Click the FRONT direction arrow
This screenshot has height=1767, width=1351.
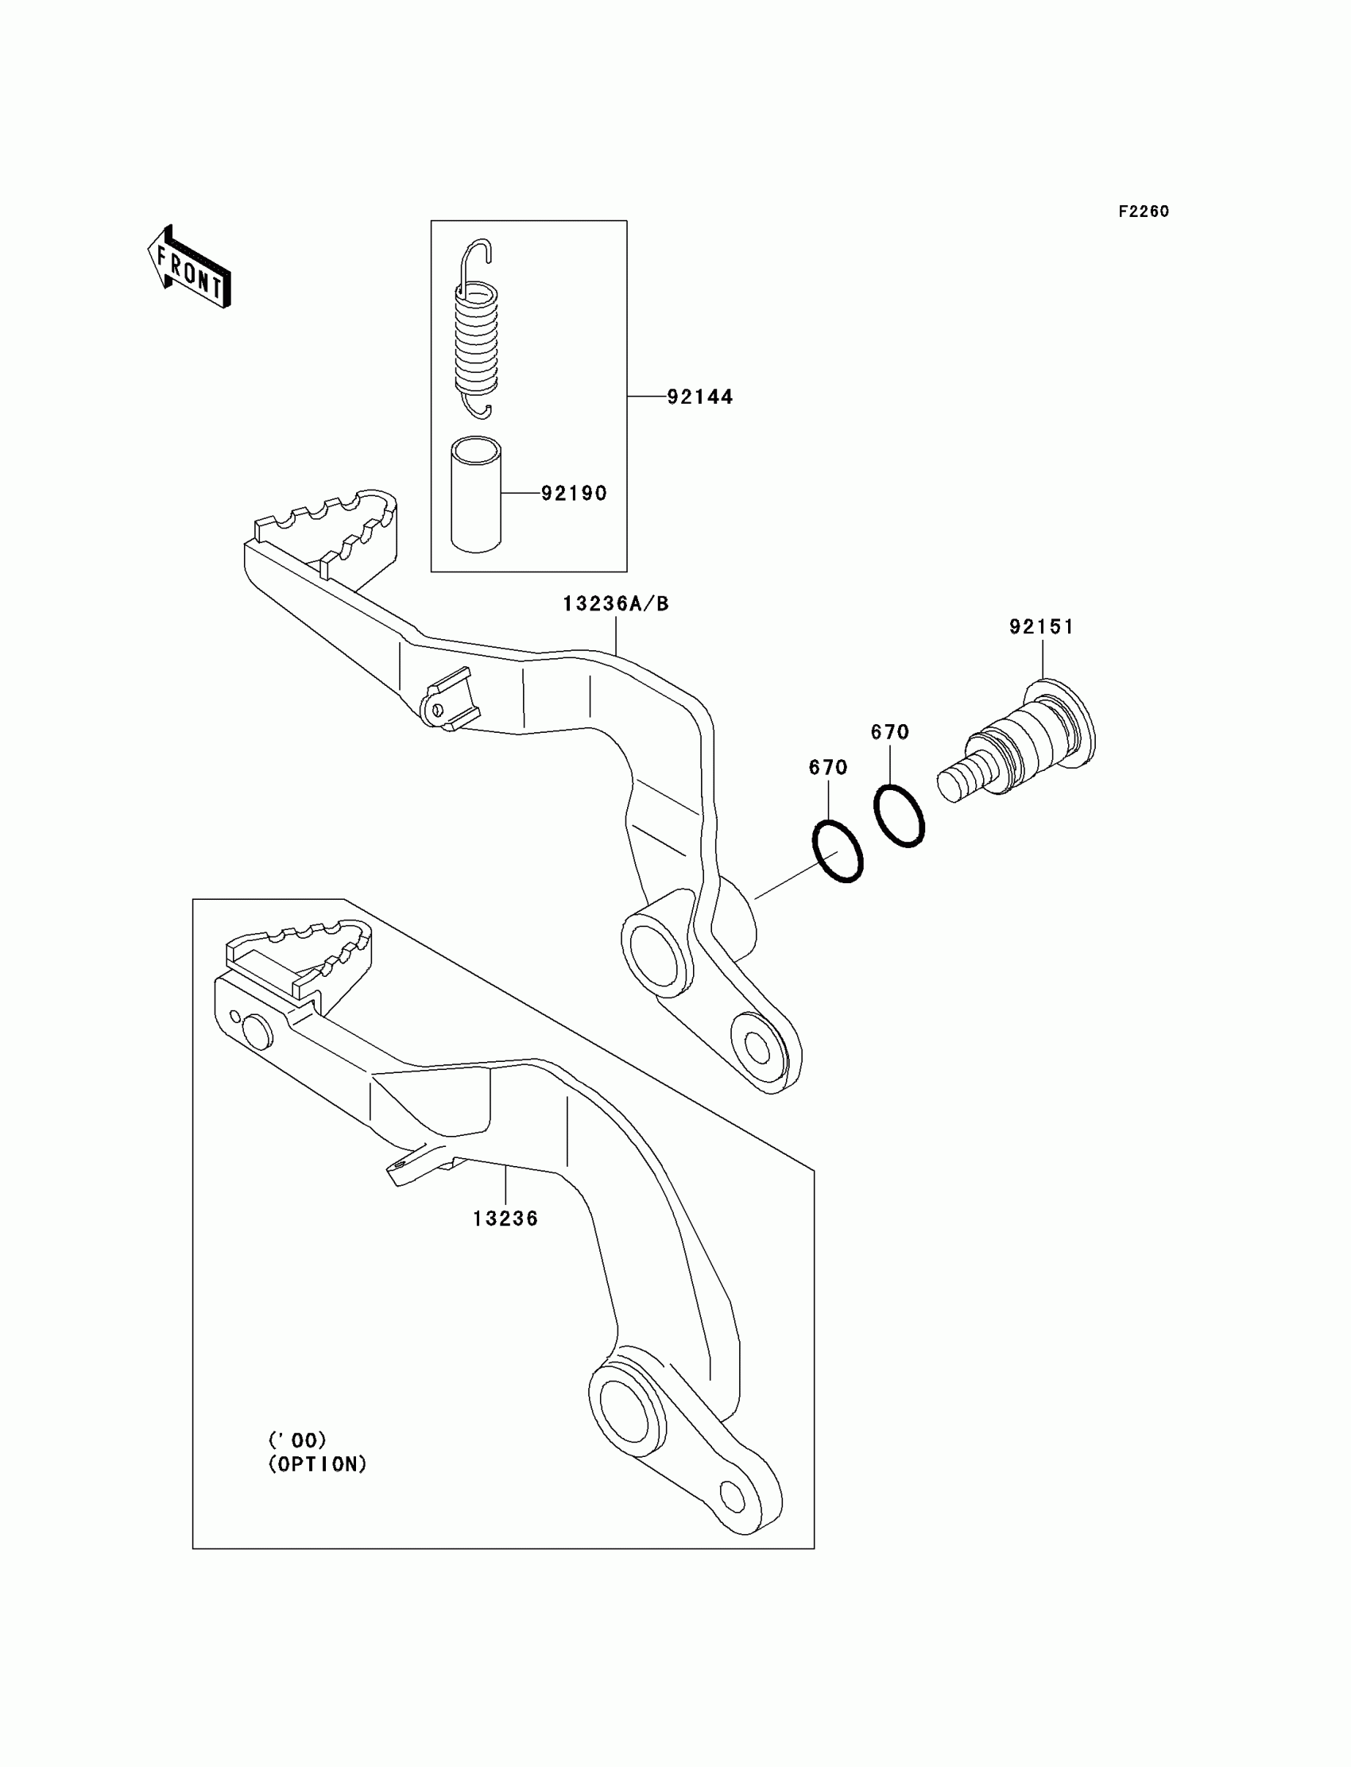[x=189, y=268]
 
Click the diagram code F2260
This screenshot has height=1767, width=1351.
[x=1143, y=211]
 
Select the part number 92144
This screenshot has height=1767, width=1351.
[x=699, y=397]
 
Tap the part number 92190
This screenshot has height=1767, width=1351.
[x=573, y=493]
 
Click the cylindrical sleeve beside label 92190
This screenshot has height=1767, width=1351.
[x=475, y=494]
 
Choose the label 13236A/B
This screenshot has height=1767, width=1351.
[x=615, y=603]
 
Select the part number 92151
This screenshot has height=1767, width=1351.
[x=1041, y=626]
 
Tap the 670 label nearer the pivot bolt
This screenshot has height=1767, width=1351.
[x=889, y=732]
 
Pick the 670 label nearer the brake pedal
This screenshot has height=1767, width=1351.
[x=827, y=767]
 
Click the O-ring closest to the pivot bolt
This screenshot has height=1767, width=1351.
[x=899, y=815]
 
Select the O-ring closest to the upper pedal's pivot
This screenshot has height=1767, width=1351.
[x=837, y=851]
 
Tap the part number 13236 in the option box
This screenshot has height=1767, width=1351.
[x=505, y=1219]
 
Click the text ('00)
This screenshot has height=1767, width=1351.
[x=296, y=1440]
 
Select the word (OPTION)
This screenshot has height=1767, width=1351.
[x=317, y=1465]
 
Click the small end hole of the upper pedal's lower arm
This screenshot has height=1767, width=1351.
[x=757, y=1045]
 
